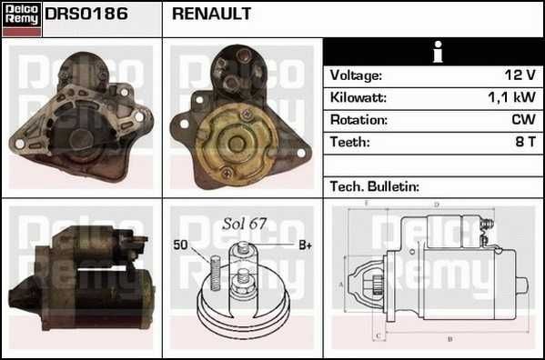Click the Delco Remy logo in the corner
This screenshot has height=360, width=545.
pos(21,18)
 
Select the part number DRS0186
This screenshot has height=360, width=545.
pos(86,15)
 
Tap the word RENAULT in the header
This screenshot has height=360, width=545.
pos(211,15)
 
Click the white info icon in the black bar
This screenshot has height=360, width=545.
pos(437,53)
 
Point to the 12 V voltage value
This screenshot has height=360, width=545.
pos(520,75)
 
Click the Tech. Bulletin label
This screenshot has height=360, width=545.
pos(374,185)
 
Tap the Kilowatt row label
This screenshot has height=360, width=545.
pos(358,97)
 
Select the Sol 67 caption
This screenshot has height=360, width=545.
pos(244,223)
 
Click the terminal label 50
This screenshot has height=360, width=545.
pos(180,245)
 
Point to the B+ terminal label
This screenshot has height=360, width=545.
pos(306,245)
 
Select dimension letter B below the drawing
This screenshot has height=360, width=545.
pos(449,341)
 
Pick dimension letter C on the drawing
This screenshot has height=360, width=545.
pos(377,335)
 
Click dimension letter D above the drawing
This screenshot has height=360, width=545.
pos(437,205)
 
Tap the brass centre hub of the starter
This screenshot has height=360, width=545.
pos(236,142)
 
